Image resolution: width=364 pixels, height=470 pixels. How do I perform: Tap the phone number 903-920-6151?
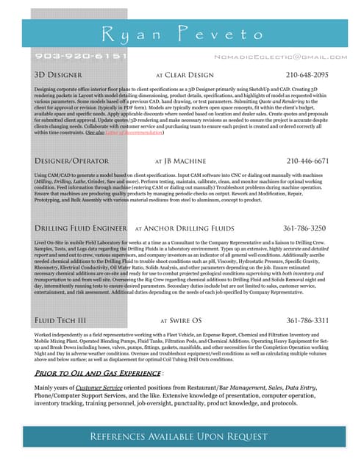click(x=81, y=56)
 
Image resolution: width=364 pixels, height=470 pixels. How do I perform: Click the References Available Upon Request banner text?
click(x=177, y=437)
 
